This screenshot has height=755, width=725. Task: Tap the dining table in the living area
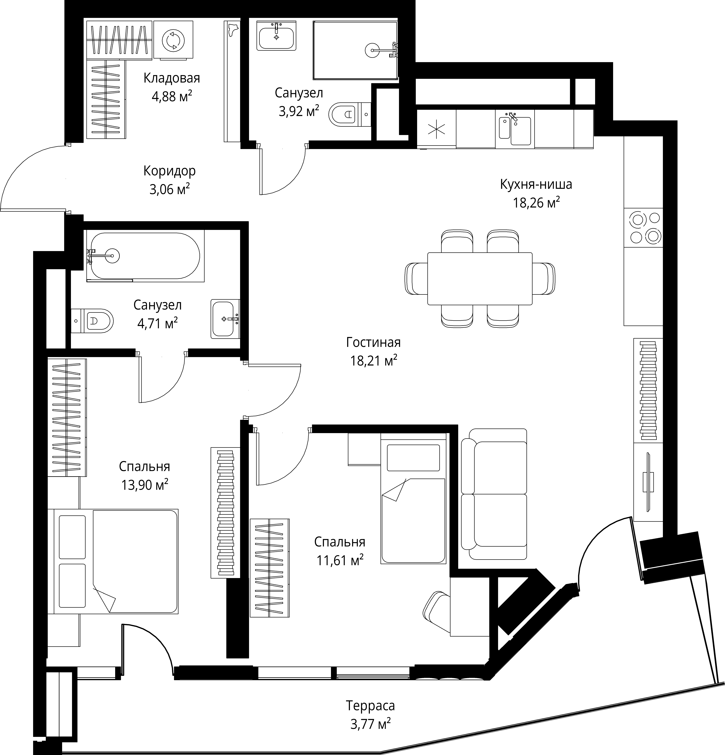point(480,279)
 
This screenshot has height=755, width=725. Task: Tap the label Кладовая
point(172,78)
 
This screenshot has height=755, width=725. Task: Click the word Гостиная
point(373,342)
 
